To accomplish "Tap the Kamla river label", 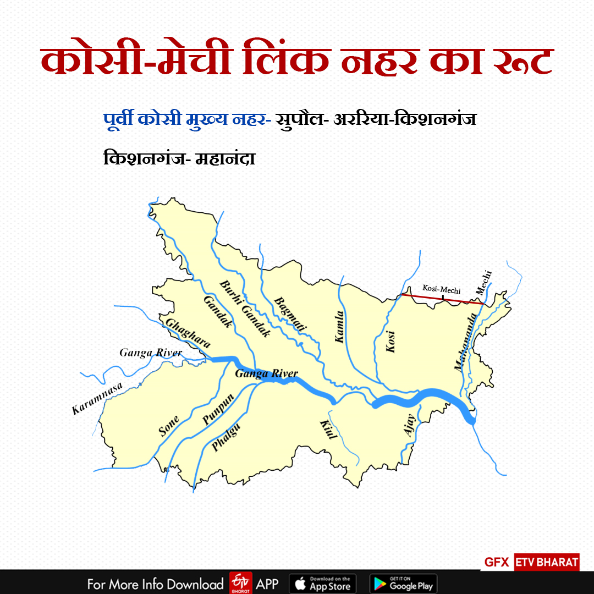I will click(x=340, y=327).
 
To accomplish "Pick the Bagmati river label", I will click(x=290, y=314).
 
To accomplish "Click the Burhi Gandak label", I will click(x=245, y=309).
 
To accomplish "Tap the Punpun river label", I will click(x=218, y=410).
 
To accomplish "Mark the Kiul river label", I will click(x=328, y=428).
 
